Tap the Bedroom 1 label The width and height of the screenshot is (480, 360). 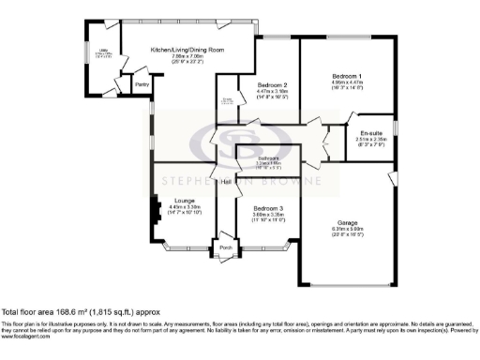347,74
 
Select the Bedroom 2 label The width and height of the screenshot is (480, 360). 271,84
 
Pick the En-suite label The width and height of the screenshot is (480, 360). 371,133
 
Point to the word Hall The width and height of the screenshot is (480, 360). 226,182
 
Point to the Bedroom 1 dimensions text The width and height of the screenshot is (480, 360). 347,82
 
